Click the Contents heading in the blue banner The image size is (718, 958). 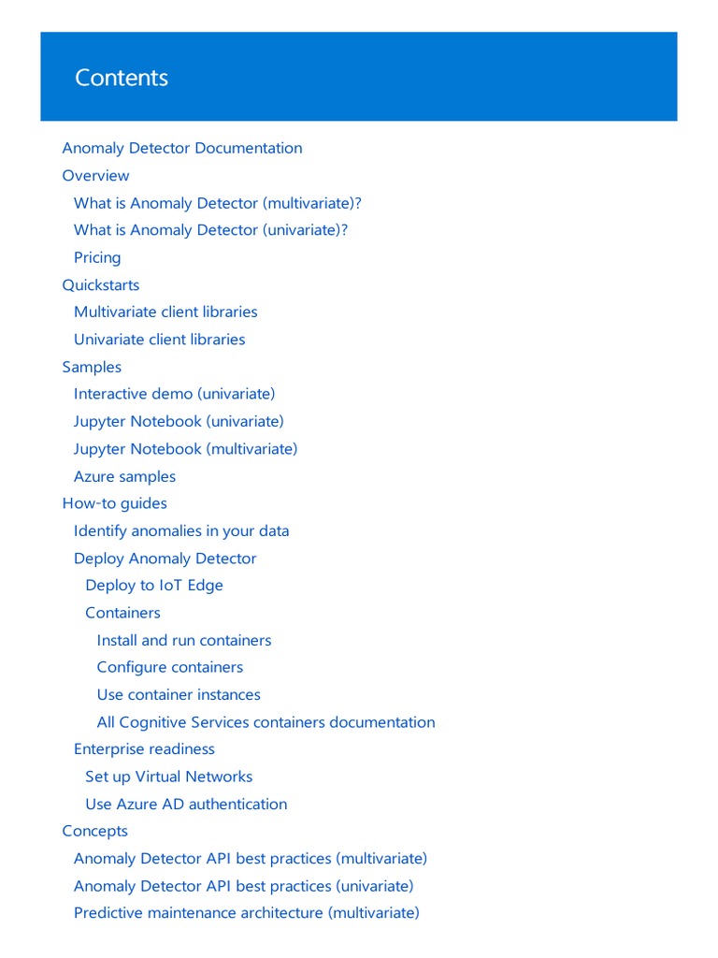(x=122, y=78)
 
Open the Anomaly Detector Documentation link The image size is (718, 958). (x=182, y=148)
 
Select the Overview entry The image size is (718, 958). (x=95, y=175)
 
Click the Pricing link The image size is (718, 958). (x=97, y=257)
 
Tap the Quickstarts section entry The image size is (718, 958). (x=101, y=284)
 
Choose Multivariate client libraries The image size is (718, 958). (x=165, y=312)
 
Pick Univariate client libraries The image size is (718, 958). (x=159, y=339)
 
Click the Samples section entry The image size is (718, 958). (x=92, y=367)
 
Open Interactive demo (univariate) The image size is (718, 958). (x=175, y=394)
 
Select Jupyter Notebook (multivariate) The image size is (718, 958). (x=186, y=449)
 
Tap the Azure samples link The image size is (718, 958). (x=124, y=476)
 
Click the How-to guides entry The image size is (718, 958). (x=114, y=503)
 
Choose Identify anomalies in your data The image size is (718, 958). (x=181, y=530)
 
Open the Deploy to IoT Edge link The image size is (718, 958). (x=154, y=585)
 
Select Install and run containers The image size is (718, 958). (x=184, y=640)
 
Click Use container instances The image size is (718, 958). (x=179, y=694)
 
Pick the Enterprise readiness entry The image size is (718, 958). (x=144, y=748)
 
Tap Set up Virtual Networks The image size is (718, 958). (x=168, y=777)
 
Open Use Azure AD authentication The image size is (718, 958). (x=186, y=804)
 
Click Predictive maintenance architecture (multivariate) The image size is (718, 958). (x=247, y=912)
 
